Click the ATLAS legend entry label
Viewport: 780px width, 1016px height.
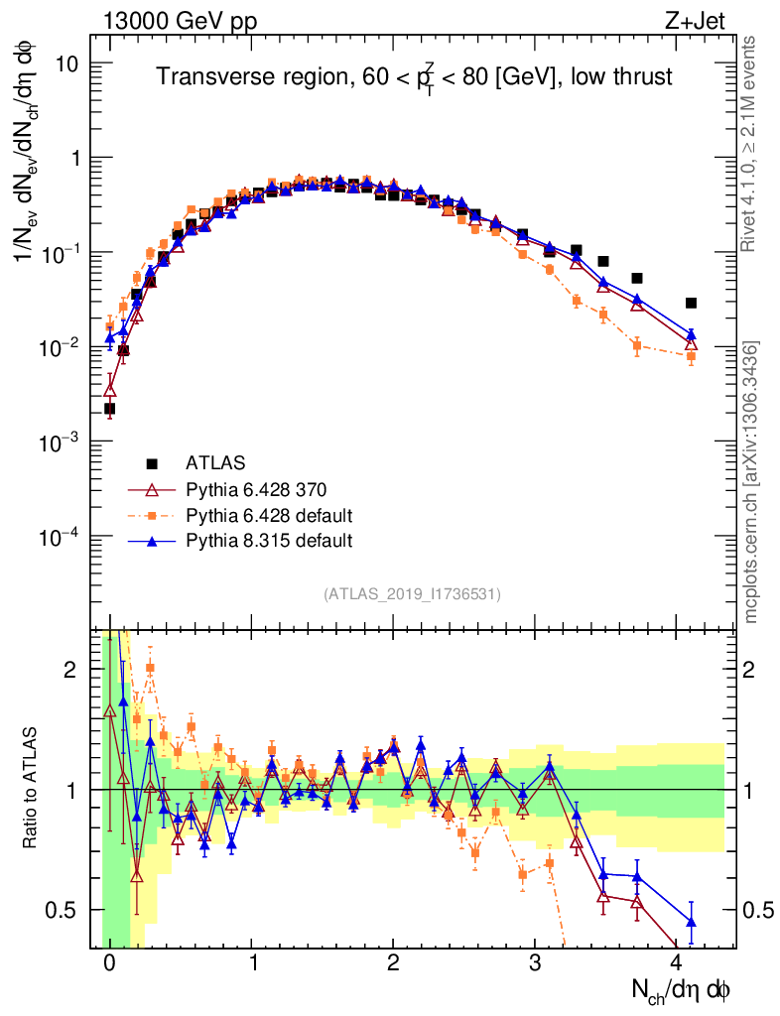(215, 462)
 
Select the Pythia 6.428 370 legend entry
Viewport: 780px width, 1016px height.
(256, 489)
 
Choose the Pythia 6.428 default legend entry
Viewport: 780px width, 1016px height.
(270, 515)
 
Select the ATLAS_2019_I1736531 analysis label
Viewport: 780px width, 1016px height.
(412, 594)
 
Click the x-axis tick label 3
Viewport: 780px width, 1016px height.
(535, 962)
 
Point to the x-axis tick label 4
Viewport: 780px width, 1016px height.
(677, 962)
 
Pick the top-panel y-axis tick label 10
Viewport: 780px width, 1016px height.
(68, 63)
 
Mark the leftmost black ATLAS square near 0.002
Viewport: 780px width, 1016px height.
(109, 408)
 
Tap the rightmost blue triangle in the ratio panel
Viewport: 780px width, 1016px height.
(691, 923)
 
